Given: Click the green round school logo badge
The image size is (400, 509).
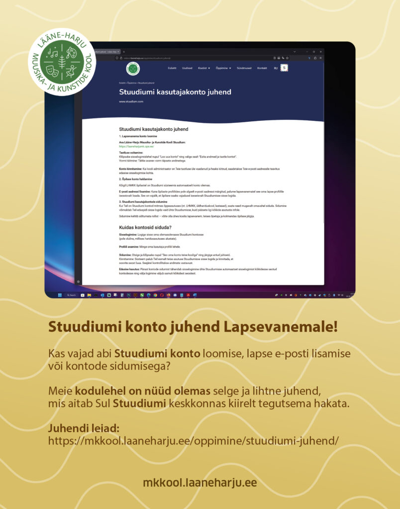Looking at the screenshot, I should [62, 62].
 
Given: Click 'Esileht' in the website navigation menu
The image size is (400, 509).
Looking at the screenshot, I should [172, 68].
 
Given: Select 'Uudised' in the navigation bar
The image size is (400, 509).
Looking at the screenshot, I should [187, 68].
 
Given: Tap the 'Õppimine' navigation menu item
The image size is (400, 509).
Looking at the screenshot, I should [223, 68].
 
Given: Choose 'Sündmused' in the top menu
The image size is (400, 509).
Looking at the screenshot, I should [244, 68].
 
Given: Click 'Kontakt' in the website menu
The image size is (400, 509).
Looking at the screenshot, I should [262, 68].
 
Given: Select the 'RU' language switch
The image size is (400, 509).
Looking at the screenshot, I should [276, 68].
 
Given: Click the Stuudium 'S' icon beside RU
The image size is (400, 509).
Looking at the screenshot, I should [285, 68].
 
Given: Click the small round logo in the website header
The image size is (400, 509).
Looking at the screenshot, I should [133, 68].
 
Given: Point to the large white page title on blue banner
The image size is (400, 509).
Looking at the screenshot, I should [175, 92].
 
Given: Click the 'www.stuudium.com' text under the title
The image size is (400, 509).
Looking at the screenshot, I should [131, 101].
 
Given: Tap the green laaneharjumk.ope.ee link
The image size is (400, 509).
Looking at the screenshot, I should [136, 147].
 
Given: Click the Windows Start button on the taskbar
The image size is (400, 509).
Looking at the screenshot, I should [60, 295].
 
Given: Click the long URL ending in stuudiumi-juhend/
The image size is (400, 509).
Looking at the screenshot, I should [194, 441].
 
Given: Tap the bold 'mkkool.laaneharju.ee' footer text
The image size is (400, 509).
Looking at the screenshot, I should [200, 483].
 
